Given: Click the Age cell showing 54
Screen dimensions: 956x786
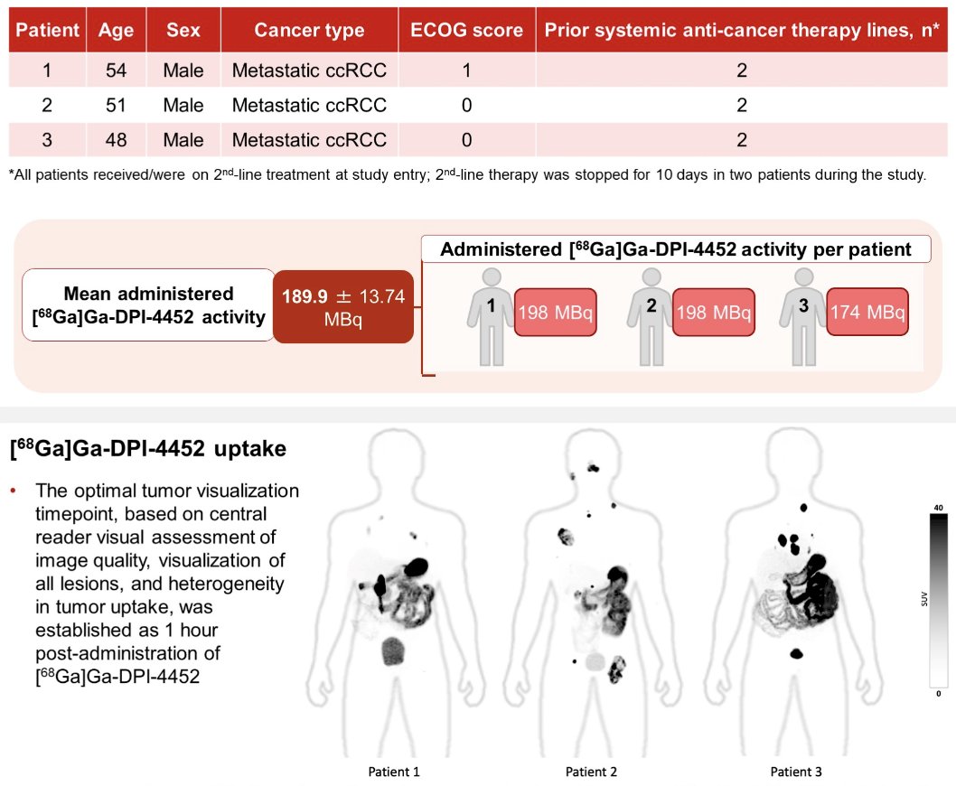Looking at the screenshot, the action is (116, 70).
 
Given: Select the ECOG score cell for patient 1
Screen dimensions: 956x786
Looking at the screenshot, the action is (466, 70).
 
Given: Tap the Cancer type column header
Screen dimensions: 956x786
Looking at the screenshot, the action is (309, 30).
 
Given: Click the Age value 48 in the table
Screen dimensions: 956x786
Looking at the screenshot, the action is (116, 140).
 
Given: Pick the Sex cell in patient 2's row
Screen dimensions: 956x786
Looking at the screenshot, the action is (183, 105).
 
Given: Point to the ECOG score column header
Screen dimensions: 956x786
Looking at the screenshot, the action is (466, 30).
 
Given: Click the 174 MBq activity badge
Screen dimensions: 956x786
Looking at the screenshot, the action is (867, 313).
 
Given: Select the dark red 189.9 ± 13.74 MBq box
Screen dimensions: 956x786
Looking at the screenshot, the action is (343, 306).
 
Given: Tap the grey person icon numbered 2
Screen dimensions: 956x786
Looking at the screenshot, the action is (651, 316).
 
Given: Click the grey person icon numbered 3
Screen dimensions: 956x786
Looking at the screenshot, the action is (803, 316).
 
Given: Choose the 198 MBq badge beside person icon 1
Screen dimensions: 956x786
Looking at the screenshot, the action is (556, 313).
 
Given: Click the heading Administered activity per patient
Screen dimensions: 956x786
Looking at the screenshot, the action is (676, 248).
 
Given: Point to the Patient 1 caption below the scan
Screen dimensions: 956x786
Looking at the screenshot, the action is (394, 772).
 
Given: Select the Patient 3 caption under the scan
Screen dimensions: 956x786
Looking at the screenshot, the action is (796, 772).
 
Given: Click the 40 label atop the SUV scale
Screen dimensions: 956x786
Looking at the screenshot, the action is (938, 508).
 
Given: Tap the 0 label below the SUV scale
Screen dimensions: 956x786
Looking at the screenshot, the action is (938, 693).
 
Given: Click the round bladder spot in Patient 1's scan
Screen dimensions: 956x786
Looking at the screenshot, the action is (393, 650).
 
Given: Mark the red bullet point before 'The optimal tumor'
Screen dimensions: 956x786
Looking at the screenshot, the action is (13, 491).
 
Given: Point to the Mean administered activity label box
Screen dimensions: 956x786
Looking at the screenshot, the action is (149, 304).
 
